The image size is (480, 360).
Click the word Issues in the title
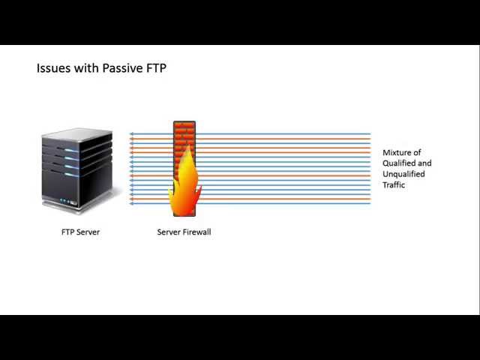point(52,68)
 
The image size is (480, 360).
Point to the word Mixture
point(402,152)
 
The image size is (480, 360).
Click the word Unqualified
point(403,174)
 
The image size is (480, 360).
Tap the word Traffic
point(394,184)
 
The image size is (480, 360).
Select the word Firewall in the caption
point(197,232)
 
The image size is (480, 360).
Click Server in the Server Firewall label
point(169,232)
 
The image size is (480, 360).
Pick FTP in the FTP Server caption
point(67,232)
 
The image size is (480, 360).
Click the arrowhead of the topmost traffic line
point(131,134)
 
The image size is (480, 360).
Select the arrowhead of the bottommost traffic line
point(131,203)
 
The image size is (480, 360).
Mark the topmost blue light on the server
point(71,150)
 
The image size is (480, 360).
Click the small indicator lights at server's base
point(68,202)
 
